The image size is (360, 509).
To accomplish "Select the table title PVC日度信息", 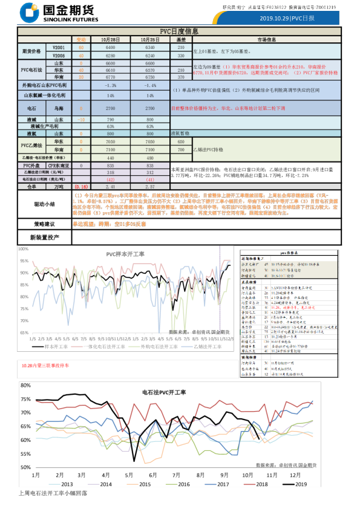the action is coord(179,31).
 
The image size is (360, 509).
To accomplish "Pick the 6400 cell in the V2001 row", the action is coord(110,47).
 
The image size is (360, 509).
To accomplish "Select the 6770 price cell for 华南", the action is coord(110,77).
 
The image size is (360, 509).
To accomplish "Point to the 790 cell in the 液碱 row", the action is coord(110,120).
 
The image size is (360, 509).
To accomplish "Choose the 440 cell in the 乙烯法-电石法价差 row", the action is coord(110,157).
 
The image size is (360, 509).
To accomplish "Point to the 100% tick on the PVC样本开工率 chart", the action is coord(23,248).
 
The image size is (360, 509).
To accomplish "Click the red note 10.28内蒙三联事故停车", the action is coord(45,366).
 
